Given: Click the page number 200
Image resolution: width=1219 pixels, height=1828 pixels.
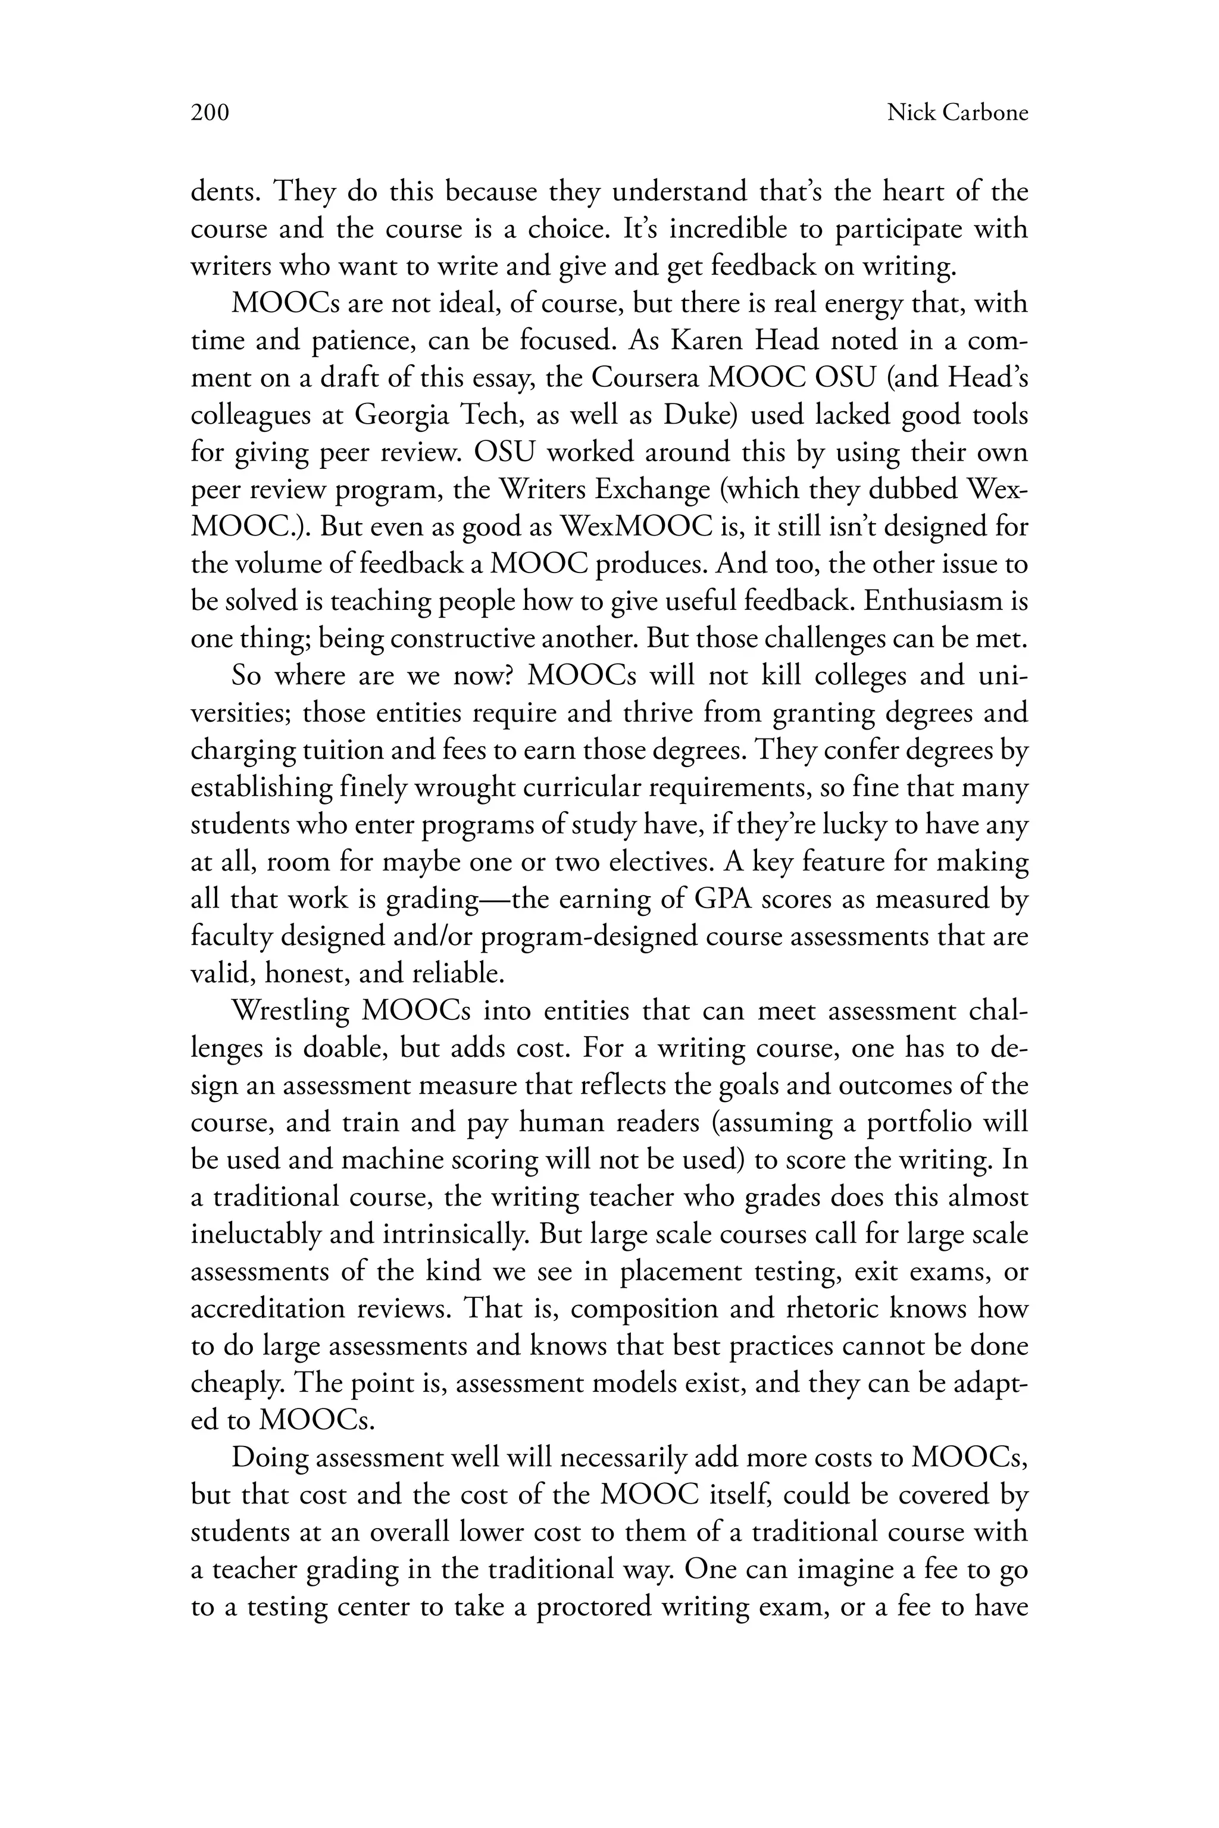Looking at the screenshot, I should click(210, 114).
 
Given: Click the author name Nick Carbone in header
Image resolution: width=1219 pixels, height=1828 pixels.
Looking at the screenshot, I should click(957, 114).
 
